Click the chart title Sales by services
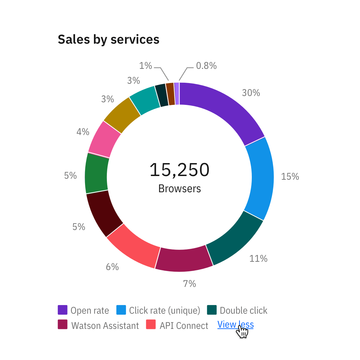coord(109,39)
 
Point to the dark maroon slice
coord(103,212)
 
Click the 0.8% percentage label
coord(206,66)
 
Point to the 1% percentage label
coord(145,66)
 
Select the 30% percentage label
coord(251,93)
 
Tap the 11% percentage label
coord(258,258)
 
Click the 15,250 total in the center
coord(179,170)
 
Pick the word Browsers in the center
coord(179,189)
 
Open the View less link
coord(235,325)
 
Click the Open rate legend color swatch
coord(63,310)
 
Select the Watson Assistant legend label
coord(105,326)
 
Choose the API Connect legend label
coord(184,326)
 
